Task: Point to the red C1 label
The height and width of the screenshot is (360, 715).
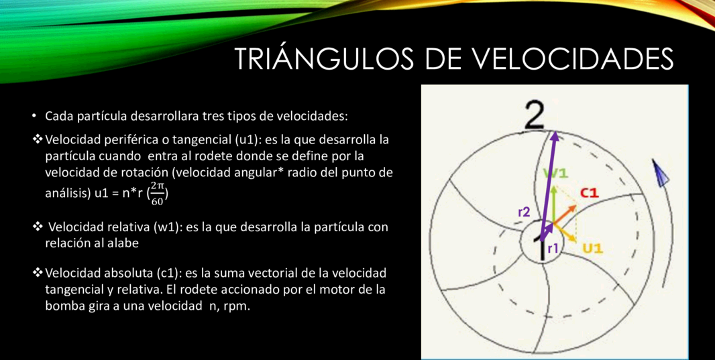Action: (x=589, y=193)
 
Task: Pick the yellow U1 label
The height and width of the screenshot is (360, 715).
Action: (x=593, y=249)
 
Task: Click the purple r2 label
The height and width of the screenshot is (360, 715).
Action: (x=524, y=211)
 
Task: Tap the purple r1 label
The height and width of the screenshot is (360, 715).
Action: (x=553, y=248)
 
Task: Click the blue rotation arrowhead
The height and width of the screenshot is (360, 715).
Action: (x=659, y=172)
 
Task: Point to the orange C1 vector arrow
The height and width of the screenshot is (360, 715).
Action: (x=565, y=214)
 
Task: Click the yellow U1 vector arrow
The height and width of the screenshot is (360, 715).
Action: (x=565, y=233)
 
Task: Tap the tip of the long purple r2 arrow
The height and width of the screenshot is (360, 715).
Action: (x=555, y=131)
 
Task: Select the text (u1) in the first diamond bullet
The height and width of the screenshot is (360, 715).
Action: (x=237, y=140)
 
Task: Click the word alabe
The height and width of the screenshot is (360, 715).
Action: (x=123, y=243)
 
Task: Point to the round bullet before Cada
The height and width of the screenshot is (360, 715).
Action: (x=34, y=116)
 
